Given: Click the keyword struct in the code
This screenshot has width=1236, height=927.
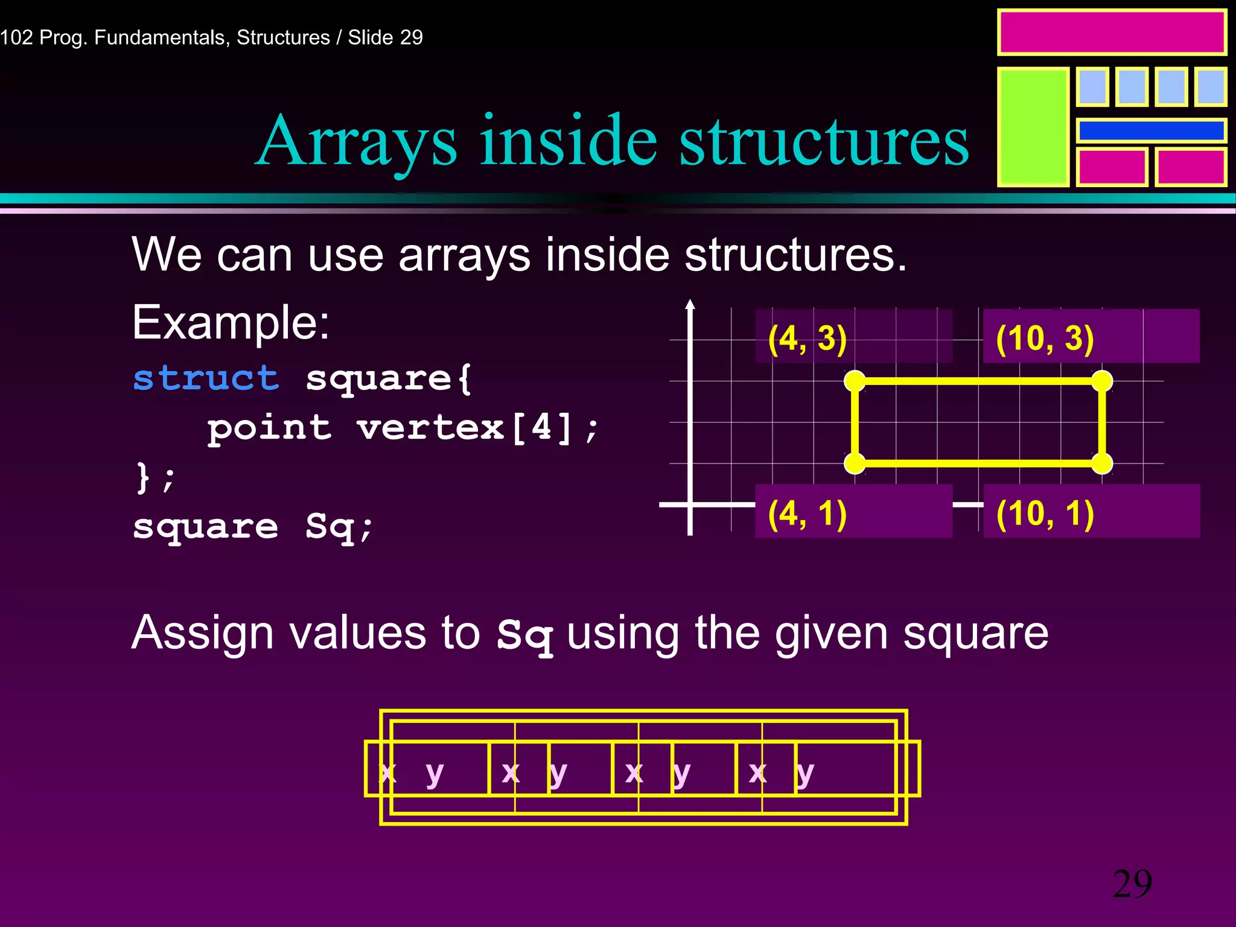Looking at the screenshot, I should (205, 378).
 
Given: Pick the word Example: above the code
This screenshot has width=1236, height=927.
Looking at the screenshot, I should (231, 323).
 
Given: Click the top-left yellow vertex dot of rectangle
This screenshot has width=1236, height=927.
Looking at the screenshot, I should (855, 381).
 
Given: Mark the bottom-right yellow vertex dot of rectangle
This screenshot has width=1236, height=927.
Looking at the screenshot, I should (1102, 463).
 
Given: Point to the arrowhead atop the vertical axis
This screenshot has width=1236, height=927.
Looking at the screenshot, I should (690, 304).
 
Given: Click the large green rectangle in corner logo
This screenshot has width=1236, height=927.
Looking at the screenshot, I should (1033, 127).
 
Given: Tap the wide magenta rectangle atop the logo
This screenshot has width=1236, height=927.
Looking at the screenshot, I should (1111, 33).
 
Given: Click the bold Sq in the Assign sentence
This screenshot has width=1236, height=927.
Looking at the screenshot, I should (524, 636).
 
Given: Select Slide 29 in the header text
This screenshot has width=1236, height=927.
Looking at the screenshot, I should (385, 37).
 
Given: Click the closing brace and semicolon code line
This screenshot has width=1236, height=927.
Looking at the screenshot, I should (154, 478).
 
